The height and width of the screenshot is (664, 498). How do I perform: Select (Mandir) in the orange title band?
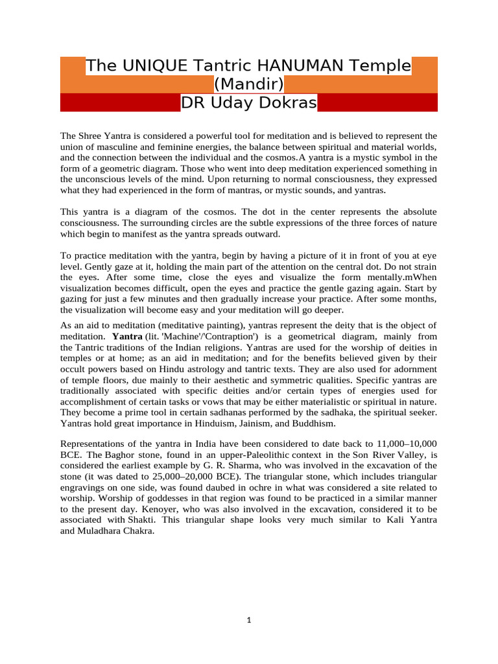[x=249, y=84]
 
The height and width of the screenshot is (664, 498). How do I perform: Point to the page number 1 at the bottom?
[x=249, y=620]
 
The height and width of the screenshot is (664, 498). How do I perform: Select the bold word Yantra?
[x=126, y=337]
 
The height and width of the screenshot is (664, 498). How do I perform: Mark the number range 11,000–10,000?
[x=407, y=444]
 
